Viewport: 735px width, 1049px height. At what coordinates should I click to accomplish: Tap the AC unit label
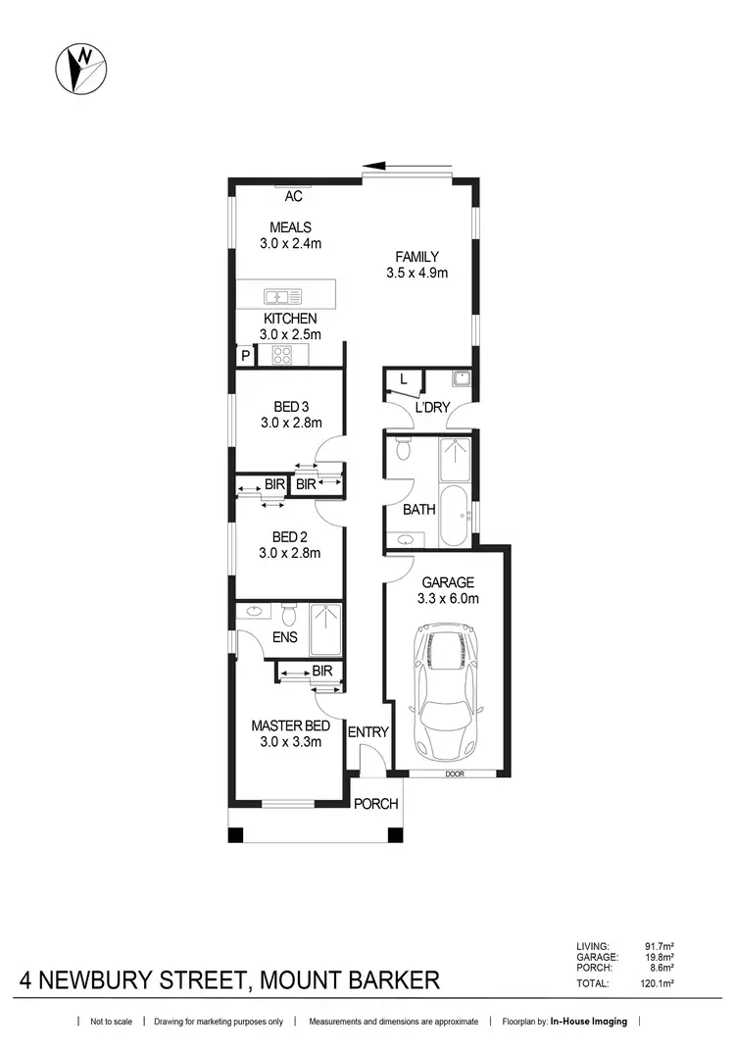[x=293, y=196]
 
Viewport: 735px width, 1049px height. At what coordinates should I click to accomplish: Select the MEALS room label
[x=290, y=227]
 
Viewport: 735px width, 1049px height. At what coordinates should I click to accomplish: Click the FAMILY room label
[x=416, y=258]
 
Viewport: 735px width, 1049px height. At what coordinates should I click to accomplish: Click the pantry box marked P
[x=243, y=357]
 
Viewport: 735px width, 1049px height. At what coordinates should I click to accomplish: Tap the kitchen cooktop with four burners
[x=283, y=357]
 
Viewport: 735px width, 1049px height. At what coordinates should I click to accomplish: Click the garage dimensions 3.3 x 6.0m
[x=447, y=598]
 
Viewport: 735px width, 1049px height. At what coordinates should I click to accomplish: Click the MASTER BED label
[x=289, y=725]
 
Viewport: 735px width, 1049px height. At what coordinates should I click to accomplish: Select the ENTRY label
[x=368, y=732]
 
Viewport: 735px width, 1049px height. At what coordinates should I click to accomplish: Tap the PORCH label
[x=375, y=804]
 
